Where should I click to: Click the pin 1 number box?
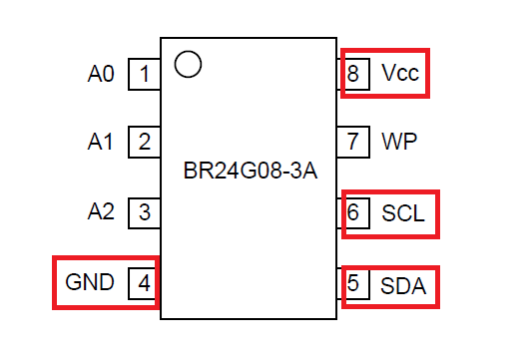click(x=145, y=74)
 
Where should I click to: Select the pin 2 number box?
click(x=145, y=142)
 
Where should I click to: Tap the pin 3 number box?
click(x=145, y=213)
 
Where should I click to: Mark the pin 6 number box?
click(x=353, y=213)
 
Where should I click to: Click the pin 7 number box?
click(x=353, y=142)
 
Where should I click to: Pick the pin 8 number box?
click(x=353, y=74)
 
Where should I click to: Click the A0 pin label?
click(x=101, y=74)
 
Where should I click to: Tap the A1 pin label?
click(x=100, y=142)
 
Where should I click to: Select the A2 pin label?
click(x=101, y=211)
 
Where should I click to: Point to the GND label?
click(x=90, y=282)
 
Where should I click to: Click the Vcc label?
click(x=400, y=73)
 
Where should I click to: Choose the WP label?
click(x=399, y=142)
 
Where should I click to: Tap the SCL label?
click(x=403, y=213)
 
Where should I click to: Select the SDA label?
click(x=403, y=286)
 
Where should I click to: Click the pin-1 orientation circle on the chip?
click(x=189, y=51)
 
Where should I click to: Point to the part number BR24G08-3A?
click(x=251, y=171)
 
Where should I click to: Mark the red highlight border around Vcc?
click(x=385, y=50)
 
